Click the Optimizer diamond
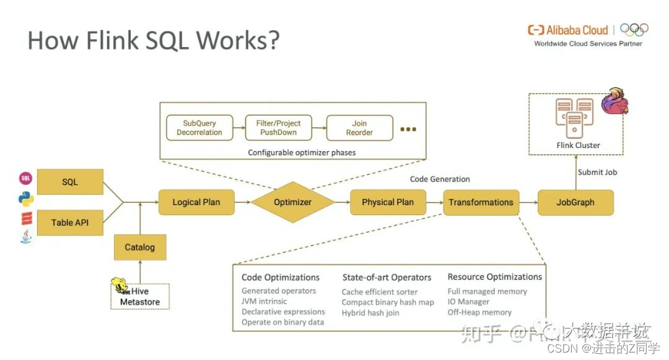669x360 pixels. [x=292, y=202]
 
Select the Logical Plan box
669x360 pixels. [x=196, y=202]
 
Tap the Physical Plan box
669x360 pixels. [x=388, y=202]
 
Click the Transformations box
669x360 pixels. [x=481, y=202]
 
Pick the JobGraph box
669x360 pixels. [x=575, y=202]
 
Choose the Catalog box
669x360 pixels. [x=139, y=247]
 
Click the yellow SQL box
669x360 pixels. [x=70, y=182]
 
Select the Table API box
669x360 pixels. [x=70, y=222]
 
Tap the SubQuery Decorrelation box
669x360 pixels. [x=199, y=128]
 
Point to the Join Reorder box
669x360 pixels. [x=359, y=128]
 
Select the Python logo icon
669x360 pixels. [x=26, y=199]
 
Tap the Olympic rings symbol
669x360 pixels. [x=634, y=29]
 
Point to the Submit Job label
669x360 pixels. [x=598, y=172]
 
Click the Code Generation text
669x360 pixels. [x=440, y=179]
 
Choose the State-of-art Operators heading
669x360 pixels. [x=387, y=278]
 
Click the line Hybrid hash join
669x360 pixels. [x=370, y=313]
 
